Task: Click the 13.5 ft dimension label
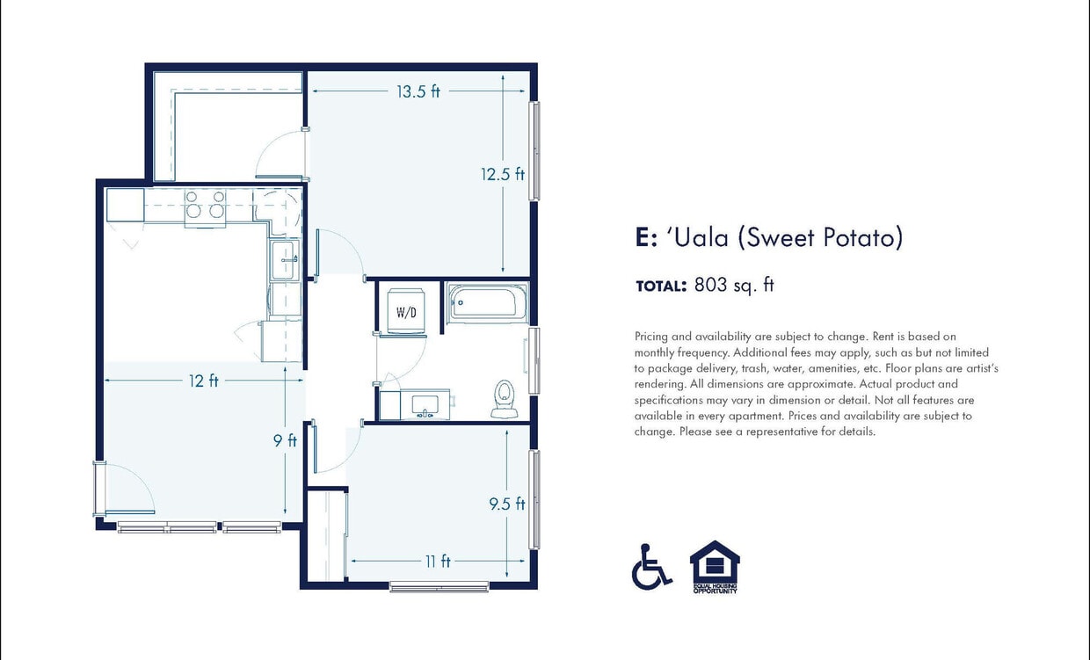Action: pyautogui.click(x=418, y=91)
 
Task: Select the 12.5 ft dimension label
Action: pyautogui.click(x=502, y=174)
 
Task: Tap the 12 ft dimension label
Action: pyautogui.click(x=203, y=381)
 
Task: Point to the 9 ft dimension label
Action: pyautogui.click(x=285, y=440)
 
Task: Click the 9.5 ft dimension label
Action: pyautogui.click(x=506, y=504)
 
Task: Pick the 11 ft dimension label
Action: pyautogui.click(x=437, y=561)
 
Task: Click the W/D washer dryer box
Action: pyautogui.click(x=405, y=311)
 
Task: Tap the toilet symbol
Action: pyautogui.click(x=504, y=398)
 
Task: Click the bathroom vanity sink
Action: pyautogui.click(x=426, y=404)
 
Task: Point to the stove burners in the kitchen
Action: pyautogui.click(x=204, y=205)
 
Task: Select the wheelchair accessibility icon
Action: pyautogui.click(x=650, y=567)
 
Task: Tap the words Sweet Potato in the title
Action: pyautogui.click(x=819, y=237)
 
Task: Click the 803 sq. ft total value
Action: pyautogui.click(x=733, y=285)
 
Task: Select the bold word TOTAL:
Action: pyautogui.click(x=660, y=286)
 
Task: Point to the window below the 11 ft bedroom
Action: pyautogui.click(x=439, y=586)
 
